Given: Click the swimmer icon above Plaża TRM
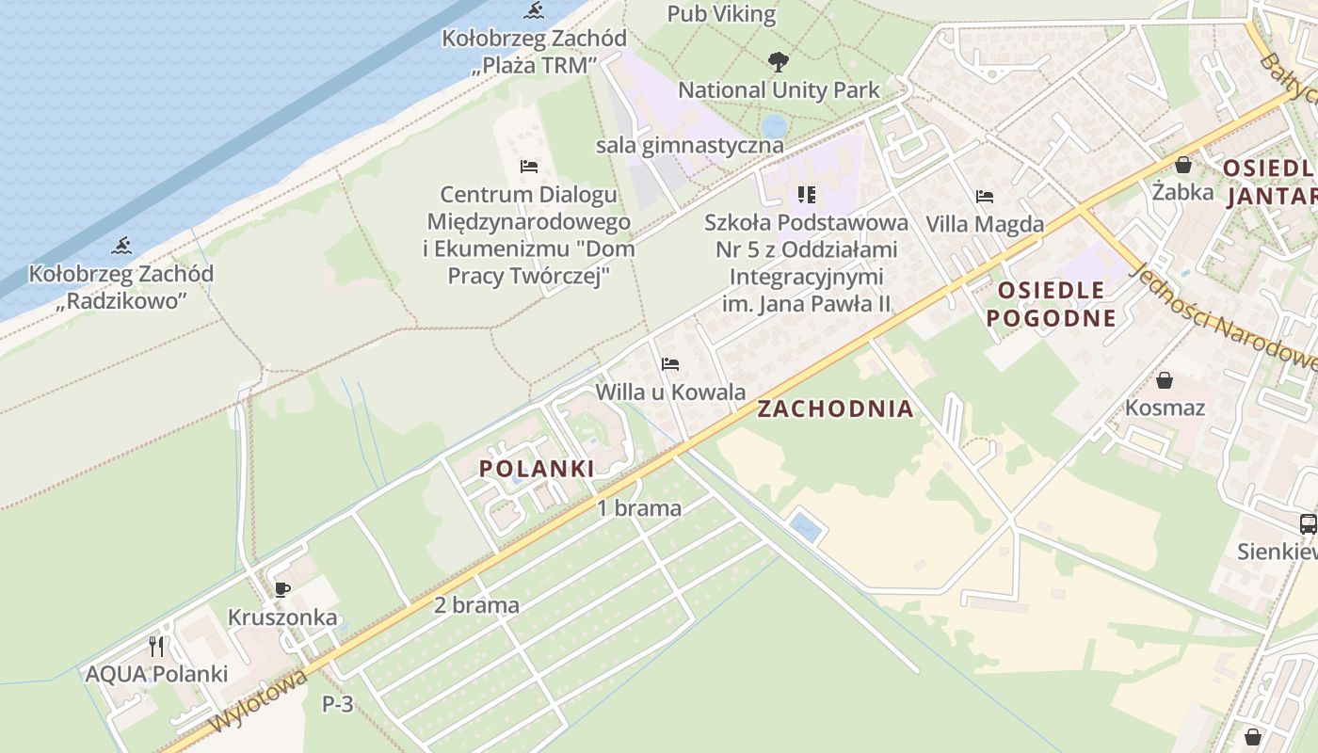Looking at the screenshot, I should tap(535, 11).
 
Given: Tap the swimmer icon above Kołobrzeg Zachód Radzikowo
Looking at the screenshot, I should tap(121, 247).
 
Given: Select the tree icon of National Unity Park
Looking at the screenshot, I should tap(778, 63).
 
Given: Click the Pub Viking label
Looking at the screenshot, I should tap(721, 14).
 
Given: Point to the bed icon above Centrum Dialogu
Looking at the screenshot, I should tap(529, 167).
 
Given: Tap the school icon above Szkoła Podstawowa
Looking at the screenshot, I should tap(806, 195).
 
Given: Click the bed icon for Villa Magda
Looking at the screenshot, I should tap(985, 197).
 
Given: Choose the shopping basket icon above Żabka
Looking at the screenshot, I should tap(1183, 165).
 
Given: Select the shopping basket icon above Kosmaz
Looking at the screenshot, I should tap(1165, 380).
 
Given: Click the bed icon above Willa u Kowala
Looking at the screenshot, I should tap(670, 363).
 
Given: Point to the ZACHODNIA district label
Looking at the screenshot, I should tap(835, 409).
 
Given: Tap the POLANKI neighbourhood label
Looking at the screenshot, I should tap(537, 468).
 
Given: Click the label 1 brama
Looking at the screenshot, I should tap(639, 508).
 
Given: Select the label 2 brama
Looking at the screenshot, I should tap(476, 605).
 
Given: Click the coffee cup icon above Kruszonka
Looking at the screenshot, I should tap(281, 590).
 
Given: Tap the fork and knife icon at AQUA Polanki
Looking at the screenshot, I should tap(156, 647).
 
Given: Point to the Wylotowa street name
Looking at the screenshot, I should tap(258, 702).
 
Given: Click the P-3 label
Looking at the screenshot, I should tap(337, 703).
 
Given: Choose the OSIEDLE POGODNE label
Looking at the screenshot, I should tap(1051, 303).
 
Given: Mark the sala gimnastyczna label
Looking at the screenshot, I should tap(690, 146).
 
